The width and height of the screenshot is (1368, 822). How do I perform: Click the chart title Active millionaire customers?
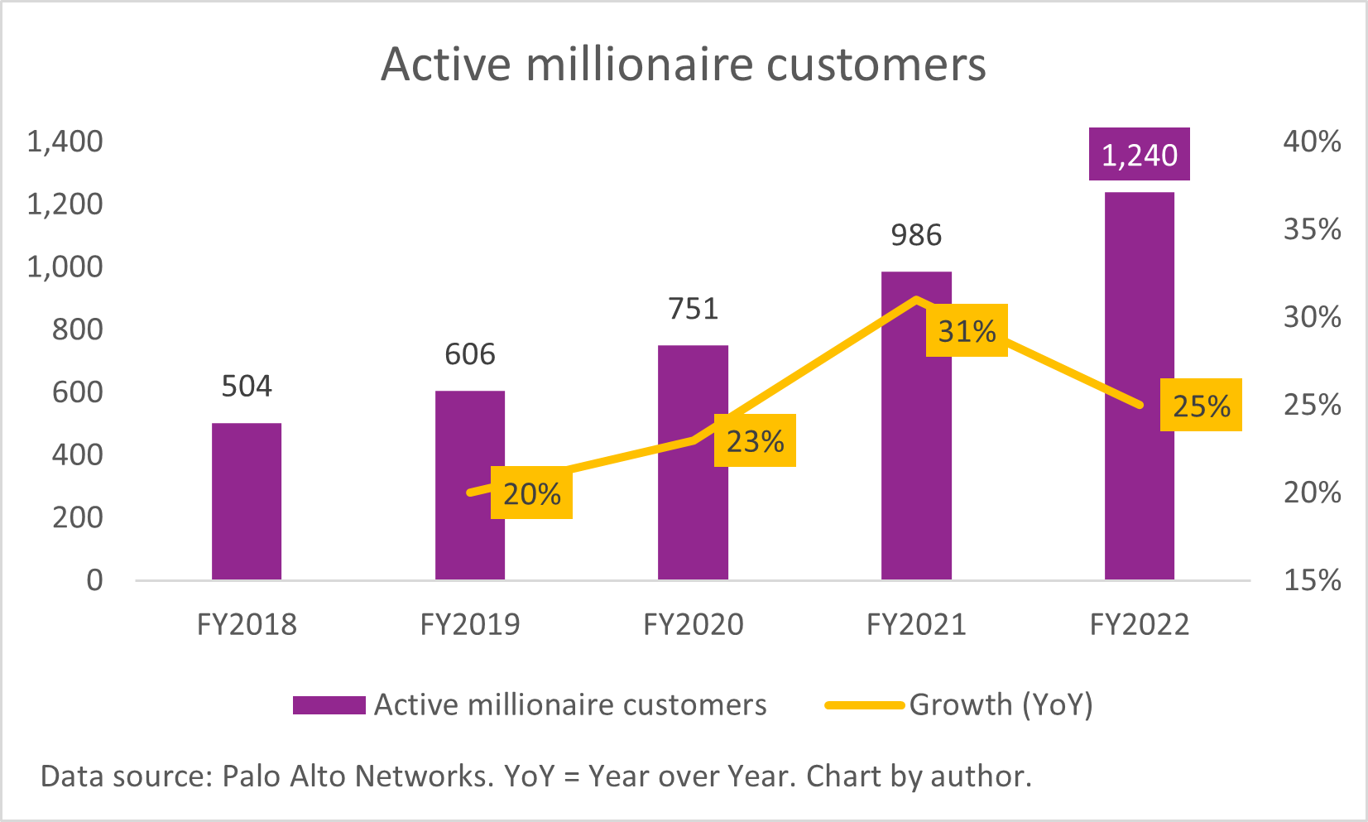click(x=684, y=65)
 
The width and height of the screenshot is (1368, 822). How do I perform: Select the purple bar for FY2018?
click(x=247, y=501)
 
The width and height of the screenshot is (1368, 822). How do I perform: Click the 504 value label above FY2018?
click(x=247, y=387)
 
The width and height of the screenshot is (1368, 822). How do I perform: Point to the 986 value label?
click(x=916, y=236)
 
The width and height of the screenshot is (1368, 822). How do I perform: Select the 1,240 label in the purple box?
click(x=1140, y=155)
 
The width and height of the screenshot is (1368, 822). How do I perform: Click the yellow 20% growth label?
click(x=531, y=494)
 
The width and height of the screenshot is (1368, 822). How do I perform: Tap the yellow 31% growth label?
click(x=967, y=331)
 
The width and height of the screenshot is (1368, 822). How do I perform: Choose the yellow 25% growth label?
click(x=1201, y=406)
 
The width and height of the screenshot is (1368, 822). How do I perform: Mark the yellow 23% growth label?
click(x=755, y=441)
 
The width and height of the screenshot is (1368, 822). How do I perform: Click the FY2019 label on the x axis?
click(x=470, y=624)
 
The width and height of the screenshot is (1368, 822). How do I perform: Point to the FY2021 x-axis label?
click(x=916, y=624)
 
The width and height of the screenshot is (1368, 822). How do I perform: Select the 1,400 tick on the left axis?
click(x=65, y=142)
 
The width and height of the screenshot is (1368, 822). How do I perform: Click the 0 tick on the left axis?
click(x=95, y=579)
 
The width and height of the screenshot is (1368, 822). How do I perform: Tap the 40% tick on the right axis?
click(x=1312, y=142)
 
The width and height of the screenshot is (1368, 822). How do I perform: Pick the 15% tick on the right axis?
click(x=1312, y=579)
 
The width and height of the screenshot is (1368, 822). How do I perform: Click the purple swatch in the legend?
click(x=329, y=705)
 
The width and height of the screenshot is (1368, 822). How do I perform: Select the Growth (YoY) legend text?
click(x=1001, y=704)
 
